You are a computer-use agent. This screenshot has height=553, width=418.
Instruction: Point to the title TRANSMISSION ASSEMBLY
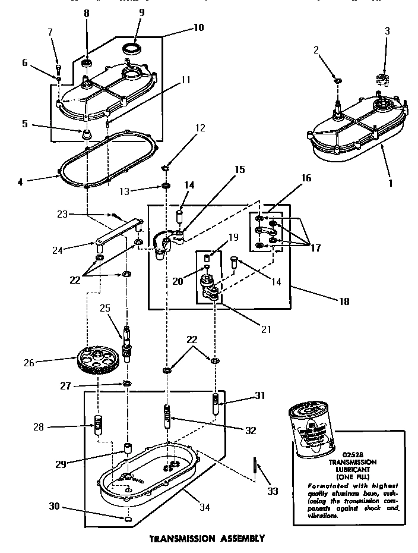pos(206,539)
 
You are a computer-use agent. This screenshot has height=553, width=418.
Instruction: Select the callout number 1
pos(390,184)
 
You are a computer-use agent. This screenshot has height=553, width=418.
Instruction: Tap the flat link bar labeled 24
pos(117,232)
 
